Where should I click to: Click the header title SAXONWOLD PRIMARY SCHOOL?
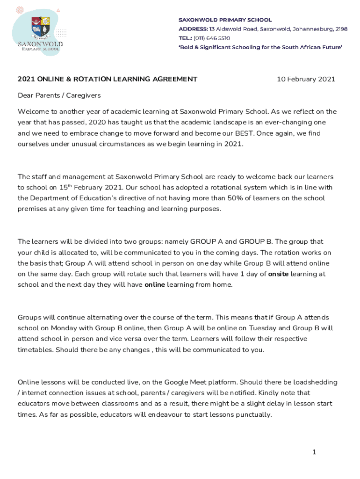point(225,20)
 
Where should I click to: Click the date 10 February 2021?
point(306,79)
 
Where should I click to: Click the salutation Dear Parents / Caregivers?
point(59,95)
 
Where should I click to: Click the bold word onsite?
point(278,274)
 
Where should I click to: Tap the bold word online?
point(155,285)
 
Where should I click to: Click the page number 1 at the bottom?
point(315,452)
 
